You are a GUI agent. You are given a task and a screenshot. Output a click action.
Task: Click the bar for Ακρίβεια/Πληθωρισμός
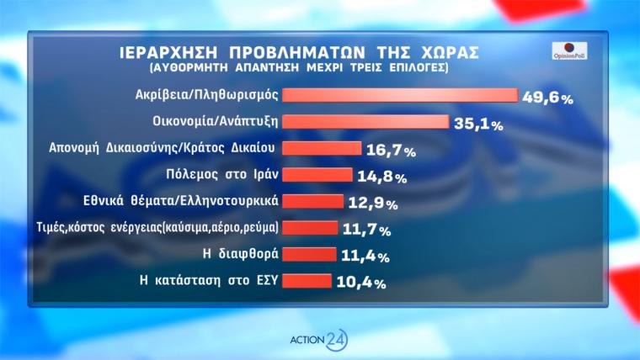tap(399, 95)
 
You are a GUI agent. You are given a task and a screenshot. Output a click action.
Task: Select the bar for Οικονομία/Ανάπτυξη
tap(365, 121)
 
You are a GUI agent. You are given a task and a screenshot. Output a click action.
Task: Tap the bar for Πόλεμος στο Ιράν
tap(317, 175)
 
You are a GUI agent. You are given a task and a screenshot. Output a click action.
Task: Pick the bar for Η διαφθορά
tap(311, 253)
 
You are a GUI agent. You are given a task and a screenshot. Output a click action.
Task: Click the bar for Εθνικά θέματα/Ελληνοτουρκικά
tap(313, 201)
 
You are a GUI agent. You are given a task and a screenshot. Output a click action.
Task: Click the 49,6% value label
tap(547, 98)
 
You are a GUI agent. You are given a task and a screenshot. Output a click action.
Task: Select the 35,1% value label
tap(478, 124)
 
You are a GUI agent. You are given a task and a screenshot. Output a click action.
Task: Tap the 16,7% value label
tap(392, 151)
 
